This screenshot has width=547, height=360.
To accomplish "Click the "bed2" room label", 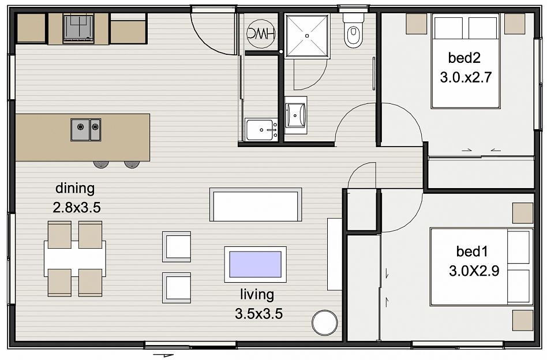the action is pos(464,58).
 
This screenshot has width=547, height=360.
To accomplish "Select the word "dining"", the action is pos(75,189).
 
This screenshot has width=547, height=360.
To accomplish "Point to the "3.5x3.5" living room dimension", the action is pos(258,314).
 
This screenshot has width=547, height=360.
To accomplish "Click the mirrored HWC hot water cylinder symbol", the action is pos(261,33).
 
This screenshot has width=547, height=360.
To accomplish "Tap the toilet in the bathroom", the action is pos(353,31).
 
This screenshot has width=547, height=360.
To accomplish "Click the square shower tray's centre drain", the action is pos(307,36).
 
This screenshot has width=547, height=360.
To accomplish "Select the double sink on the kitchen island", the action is pos(86,129).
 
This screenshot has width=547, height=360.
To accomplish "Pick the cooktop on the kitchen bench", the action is pos(78,29).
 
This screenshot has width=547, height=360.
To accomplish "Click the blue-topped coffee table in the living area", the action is pos(256,264).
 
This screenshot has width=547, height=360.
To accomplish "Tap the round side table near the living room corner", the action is pos(325,322).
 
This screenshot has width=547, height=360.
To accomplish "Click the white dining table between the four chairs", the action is pos(75,258).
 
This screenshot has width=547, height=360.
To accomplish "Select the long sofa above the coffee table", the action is pos(256,204).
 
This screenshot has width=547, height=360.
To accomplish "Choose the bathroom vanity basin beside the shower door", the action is pos(295,115).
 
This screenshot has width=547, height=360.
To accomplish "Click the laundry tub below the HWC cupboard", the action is pos(261,129).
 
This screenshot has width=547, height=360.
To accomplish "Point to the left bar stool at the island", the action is pos(101,164).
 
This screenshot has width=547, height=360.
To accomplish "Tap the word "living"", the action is pos(257,294).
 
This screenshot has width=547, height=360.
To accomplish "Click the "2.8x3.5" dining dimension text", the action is pos(77,208).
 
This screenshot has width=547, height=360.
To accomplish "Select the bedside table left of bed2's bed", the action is pos(417,24).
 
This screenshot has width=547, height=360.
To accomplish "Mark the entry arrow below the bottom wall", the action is pos(163,355).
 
